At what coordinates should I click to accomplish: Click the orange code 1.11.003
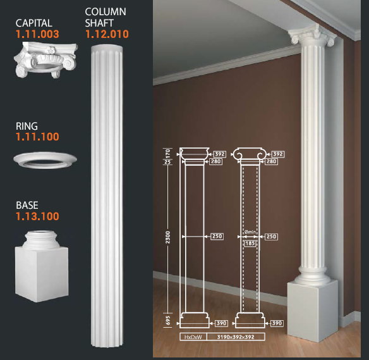[x=37, y=34]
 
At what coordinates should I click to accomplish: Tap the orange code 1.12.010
[x=107, y=34]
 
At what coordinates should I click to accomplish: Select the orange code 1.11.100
[x=37, y=137]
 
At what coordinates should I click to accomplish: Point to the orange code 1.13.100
[x=37, y=216]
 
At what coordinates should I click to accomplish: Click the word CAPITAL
[x=34, y=23]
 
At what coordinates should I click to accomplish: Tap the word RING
[x=27, y=126]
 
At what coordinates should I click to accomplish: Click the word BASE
[x=27, y=205]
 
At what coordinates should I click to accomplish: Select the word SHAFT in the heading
[x=99, y=23]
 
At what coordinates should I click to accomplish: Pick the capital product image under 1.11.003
[x=46, y=59]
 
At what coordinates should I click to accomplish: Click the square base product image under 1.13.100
[x=42, y=266]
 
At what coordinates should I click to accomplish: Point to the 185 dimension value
[x=250, y=243]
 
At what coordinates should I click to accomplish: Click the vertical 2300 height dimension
[x=167, y=237]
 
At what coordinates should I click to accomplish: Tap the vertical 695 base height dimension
[x=168, y=321]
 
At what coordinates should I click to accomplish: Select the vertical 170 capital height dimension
[x=168, y=153]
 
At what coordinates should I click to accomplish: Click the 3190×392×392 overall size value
[x=236, y=337]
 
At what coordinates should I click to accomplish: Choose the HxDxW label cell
[x=193, y=337]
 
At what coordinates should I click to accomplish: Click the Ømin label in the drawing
[x=250, y=232]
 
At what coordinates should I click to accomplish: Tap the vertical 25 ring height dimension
[x=167, y=162]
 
